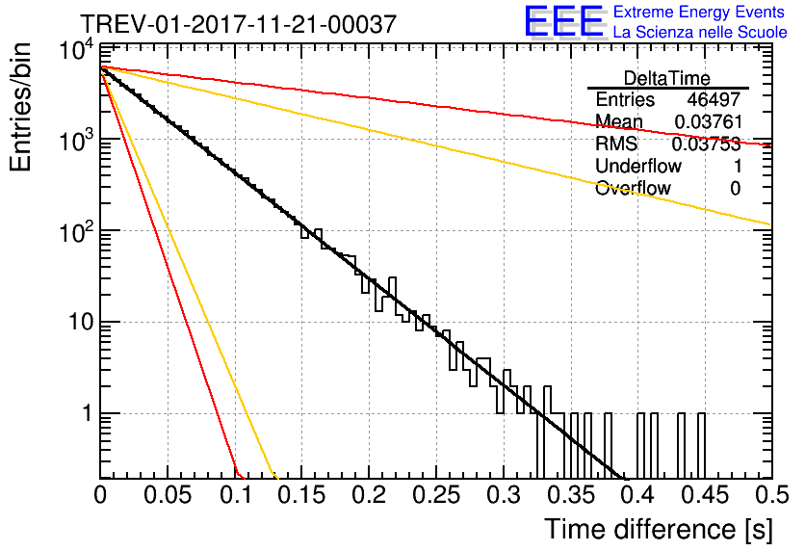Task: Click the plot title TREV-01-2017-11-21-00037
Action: pyautogui.click(x=238, y=24)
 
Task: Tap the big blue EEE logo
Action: pyautogui.click(x=564, y=21)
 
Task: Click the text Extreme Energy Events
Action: pyautogui.click(x=699, y=12)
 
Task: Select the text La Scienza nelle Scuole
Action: pyautogui.click(x=700, y=33)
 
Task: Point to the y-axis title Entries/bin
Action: pyautogui.click(x=21, y=107)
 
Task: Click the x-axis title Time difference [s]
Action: pyautogui.click(x=659, y=529)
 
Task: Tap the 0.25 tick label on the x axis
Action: pyautogui.click(x=436, y=495)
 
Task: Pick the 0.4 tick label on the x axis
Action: pyautogui.click(x=638, y=495)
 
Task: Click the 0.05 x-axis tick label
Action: pyautogui.click(x=168, y=495)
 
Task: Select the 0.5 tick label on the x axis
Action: pyautogui.click(x=771, y=495)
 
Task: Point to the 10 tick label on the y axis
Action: pyautogui.click(x=81, y=323)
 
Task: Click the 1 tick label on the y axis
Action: pyautogui.click(x=88, y=413)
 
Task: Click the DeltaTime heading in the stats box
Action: pyautogui.click(x=667, y=78)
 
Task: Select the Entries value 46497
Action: pyautogui.click(x=714, y=99)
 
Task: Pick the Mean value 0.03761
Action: pyautogui.click(x=709, y=121)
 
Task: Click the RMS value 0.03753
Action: pyautogui.click(x=707, y=144)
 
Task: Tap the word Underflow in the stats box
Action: pyautogui.click(x=638, y=166)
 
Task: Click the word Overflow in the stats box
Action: pyautogui.click(x=633, y=188)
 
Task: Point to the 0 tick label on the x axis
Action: pyautogui.click(x=100, y=495)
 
